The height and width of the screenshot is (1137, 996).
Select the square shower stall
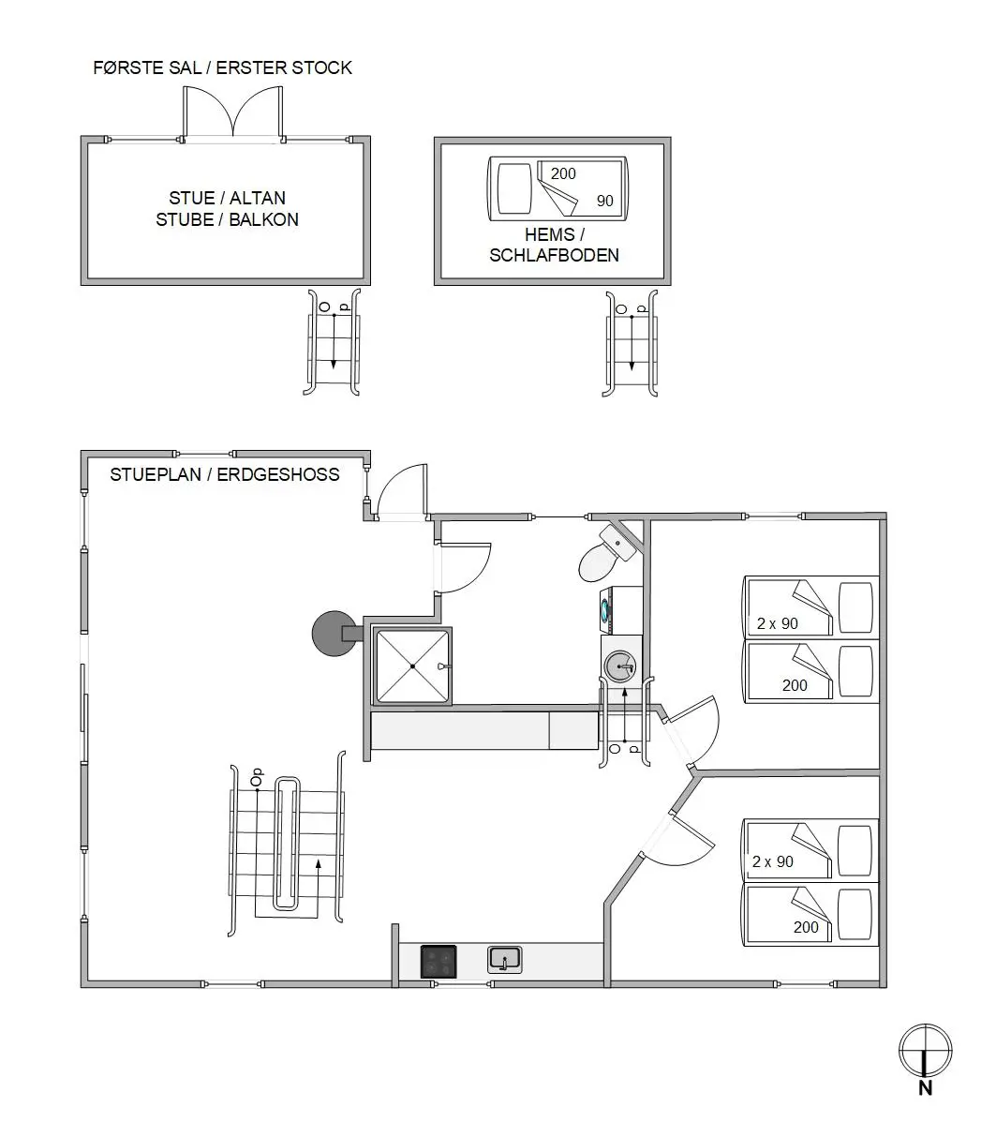coord(412,666)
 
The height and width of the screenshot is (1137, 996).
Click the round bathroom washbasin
coord(620,666)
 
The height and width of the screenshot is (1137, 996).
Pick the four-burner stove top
coord(439,962)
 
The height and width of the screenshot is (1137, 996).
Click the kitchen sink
coord(504,960)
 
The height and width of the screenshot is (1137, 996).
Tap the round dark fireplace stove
coord(334,633)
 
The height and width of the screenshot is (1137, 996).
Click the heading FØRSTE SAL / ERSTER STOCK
coord(222,67)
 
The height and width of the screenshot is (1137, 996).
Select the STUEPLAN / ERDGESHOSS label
coord(225,475)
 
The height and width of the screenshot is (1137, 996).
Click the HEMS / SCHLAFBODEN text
coord(554,245)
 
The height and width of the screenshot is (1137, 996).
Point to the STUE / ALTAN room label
coord(227,198)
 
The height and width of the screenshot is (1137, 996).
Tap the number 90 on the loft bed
coord(605,201)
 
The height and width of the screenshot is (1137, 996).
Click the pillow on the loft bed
coord(514,188)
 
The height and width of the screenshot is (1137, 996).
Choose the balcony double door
coord(233,112)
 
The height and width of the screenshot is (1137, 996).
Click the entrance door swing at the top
coord(402,490)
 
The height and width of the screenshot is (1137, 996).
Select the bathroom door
coord(464,567)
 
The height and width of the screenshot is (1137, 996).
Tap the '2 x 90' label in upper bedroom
coord(777,623)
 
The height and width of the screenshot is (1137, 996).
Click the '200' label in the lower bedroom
coord(806,927)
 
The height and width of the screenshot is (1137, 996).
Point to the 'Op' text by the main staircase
coord(257,777)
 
